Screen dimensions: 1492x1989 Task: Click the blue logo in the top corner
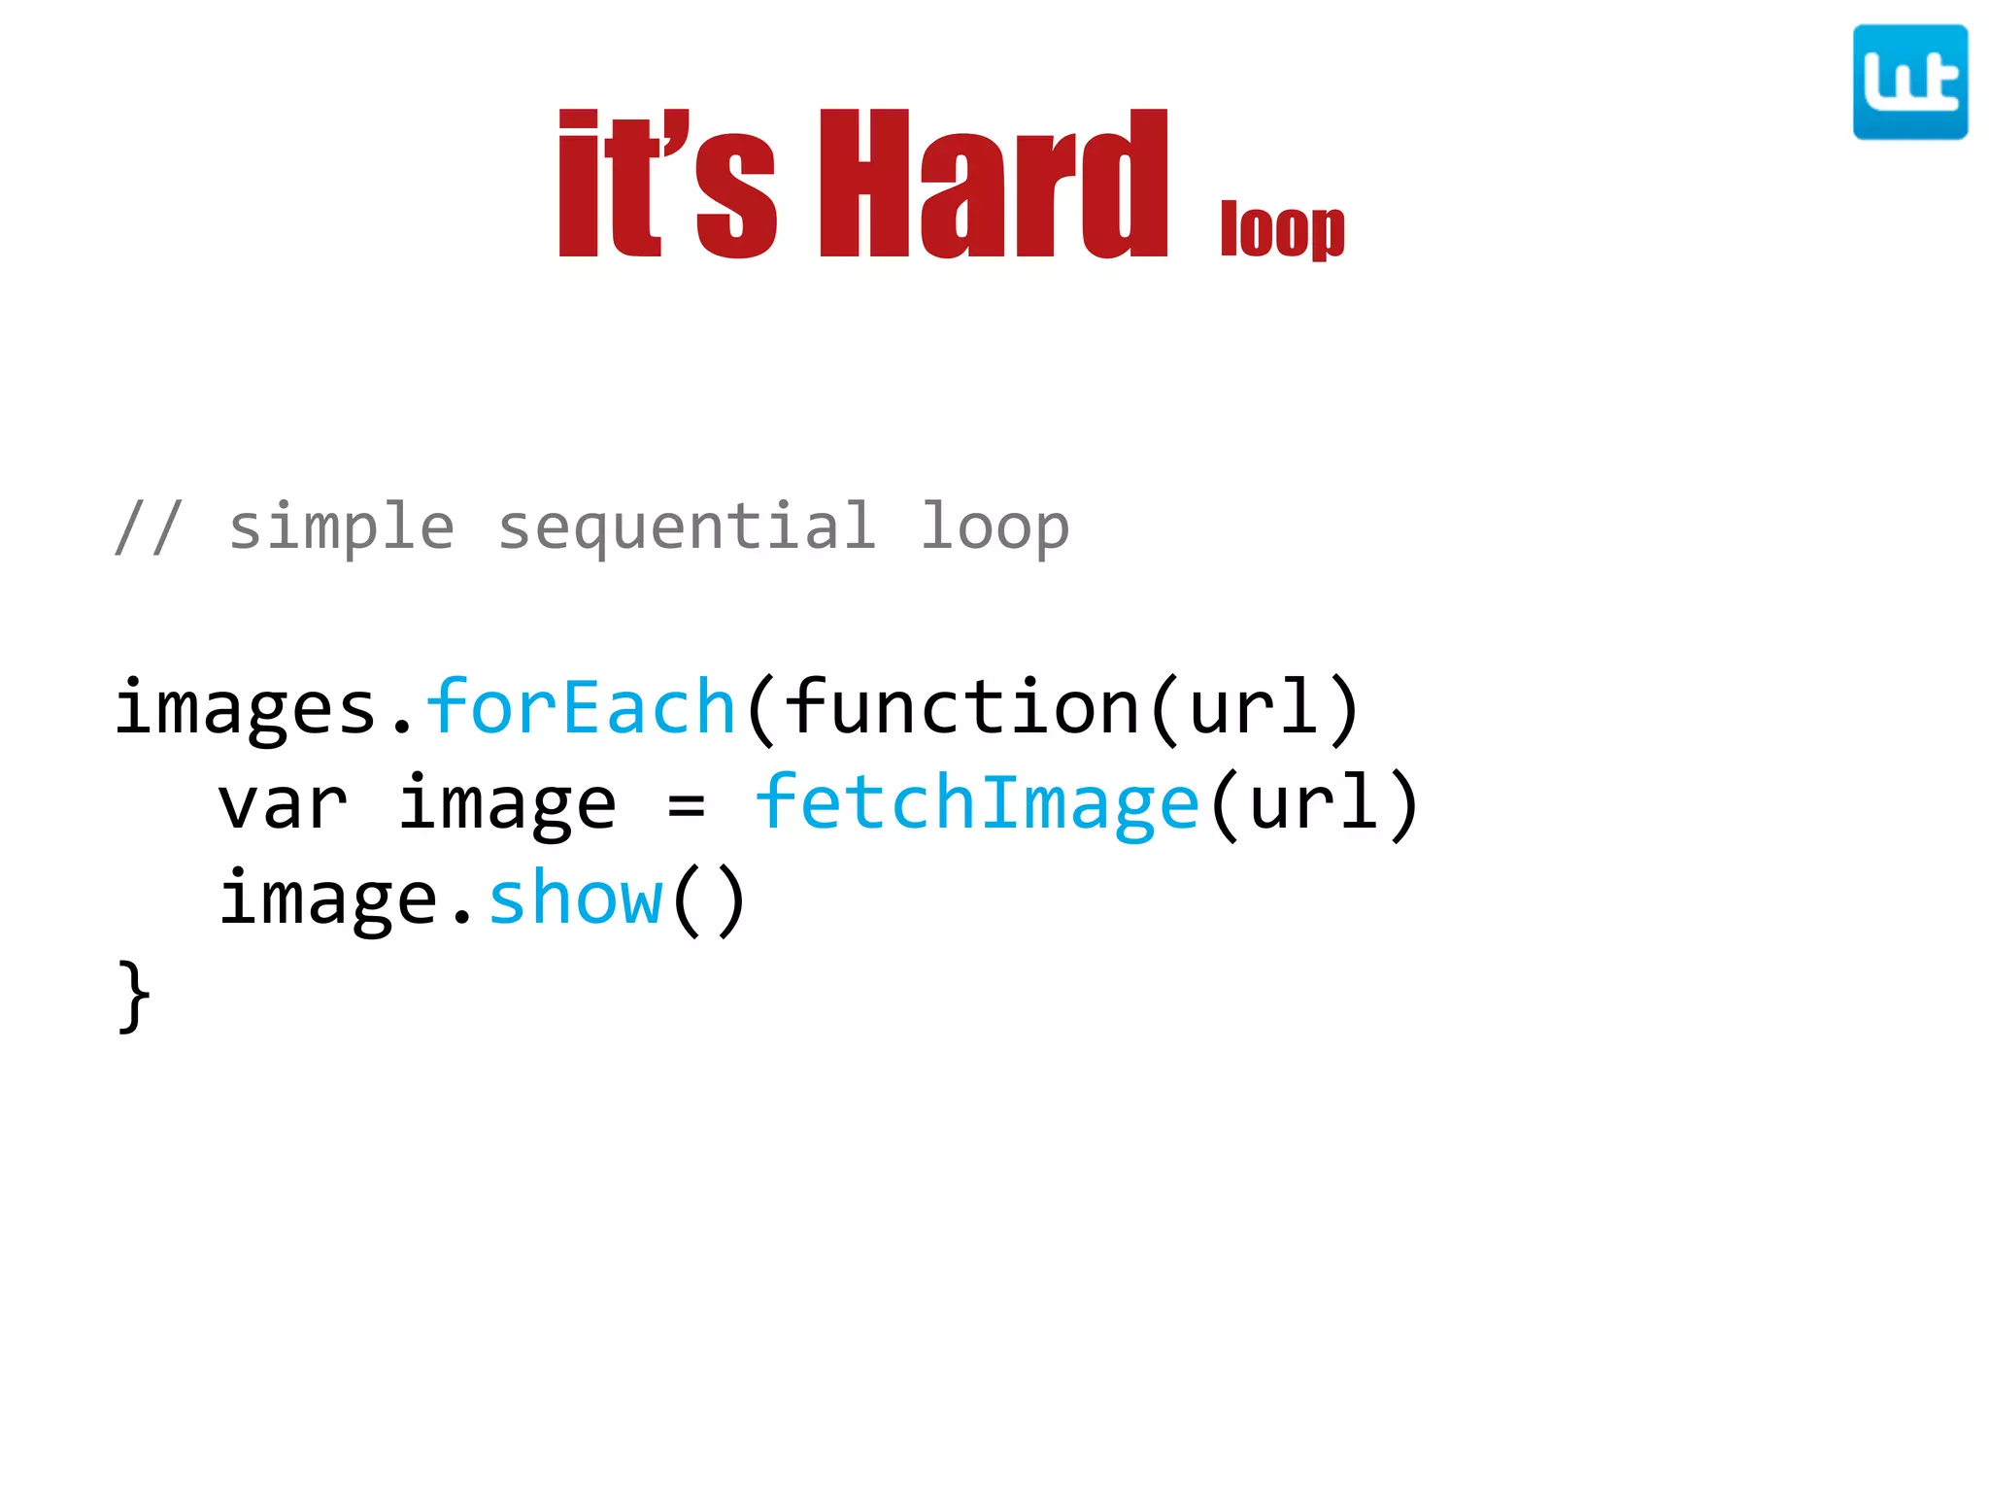(1909, 83)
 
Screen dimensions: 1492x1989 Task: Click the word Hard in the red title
(993, 185)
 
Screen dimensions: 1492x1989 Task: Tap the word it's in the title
(667, 185)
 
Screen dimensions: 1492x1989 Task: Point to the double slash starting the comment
(148, 527)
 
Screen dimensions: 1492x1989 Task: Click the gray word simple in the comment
(341, 527)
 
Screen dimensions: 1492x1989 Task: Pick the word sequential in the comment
(687, 527)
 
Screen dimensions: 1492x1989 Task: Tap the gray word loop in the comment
(994, 527)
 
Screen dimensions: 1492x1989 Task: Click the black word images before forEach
(246, 708)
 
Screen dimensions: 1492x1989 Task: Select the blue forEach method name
(581, 706)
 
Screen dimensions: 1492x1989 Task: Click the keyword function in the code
(961, 706)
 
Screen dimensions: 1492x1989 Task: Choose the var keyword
(282, 804)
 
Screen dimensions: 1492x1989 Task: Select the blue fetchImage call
(977, 804)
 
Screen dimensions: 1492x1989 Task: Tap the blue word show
(576, 899)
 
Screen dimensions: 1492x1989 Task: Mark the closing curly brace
(134, 997)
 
